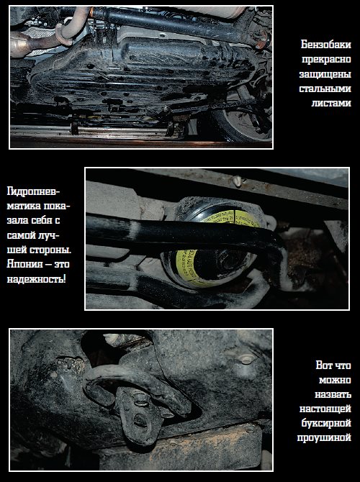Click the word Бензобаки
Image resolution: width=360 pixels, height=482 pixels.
(326, 45)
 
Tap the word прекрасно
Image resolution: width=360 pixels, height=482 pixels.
(326, 59)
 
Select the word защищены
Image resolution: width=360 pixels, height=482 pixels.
(325, 74)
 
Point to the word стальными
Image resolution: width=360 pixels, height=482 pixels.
(325, 88)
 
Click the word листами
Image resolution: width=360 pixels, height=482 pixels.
(331, 103)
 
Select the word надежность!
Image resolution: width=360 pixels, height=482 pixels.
(36, 279)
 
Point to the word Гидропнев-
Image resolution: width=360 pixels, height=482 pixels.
(34, 191)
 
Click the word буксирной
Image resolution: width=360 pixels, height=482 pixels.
(326, 423)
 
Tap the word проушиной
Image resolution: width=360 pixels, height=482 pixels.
(324, 437)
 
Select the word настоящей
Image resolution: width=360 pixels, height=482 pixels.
(325, 409)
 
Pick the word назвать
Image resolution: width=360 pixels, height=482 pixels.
(333, 394)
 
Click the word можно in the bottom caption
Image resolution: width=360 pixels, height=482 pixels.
(335, 380)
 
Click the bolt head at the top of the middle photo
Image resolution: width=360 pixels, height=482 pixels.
(238, 181)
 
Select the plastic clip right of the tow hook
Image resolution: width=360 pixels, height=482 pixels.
(247, 358)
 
